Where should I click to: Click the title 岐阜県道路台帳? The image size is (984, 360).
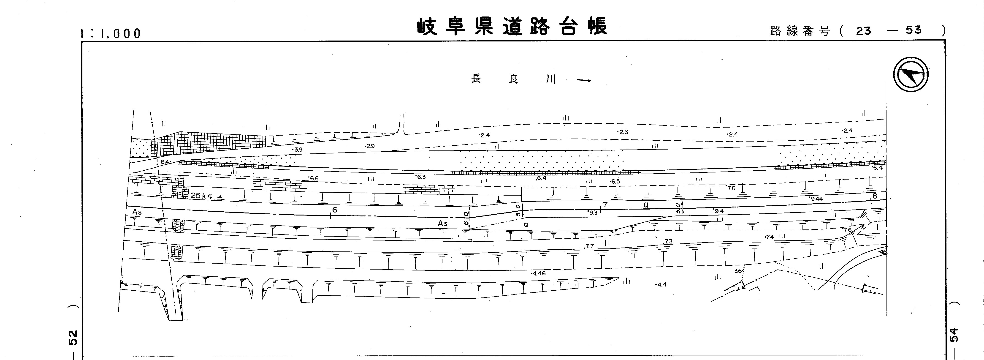[x=512, y=27]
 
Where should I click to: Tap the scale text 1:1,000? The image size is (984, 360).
[x=111, y=34]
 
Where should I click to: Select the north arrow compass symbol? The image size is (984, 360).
[x=911, y=74]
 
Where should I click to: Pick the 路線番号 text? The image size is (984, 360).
[x=800, y=31]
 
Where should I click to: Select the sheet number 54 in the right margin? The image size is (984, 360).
[x=954, y=335]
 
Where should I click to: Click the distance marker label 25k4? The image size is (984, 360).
[x=201, y=196]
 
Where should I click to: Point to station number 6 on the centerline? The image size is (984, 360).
[x=335, y=210]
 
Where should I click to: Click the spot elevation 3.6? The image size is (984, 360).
[x=738, y=271]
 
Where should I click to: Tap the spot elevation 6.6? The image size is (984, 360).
[x=314, y=178]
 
